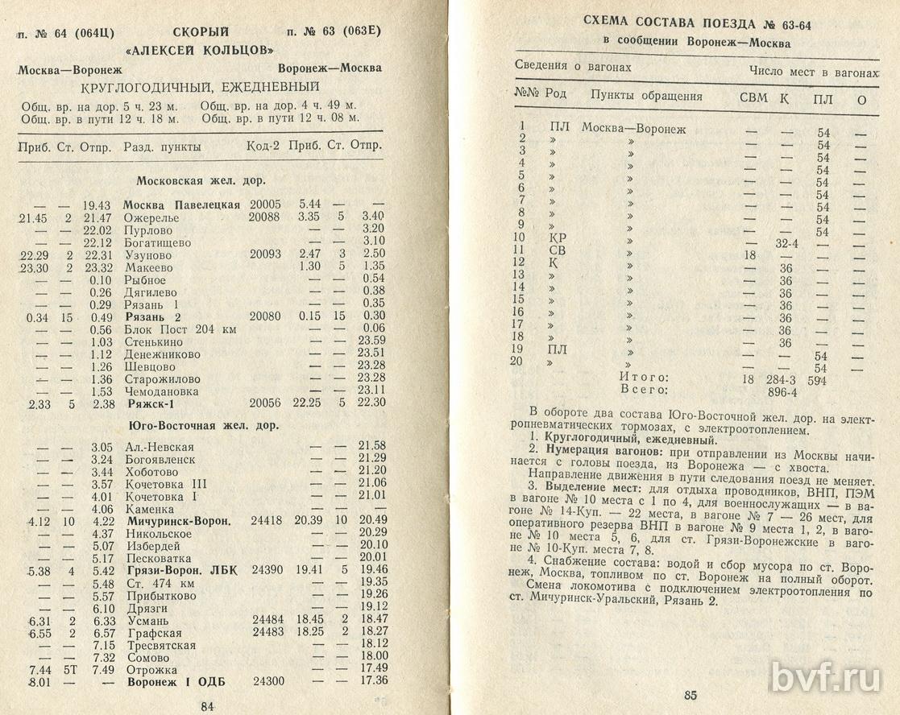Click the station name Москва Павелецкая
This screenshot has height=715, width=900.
[x=181, y=205]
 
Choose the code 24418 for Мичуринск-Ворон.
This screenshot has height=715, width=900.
[x=267, y=520]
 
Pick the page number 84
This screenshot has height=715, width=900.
[x=207, y=706]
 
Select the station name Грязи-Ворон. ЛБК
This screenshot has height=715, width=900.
[x=179, y=570]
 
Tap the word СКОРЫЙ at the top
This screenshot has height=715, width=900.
[x=201, y=32]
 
